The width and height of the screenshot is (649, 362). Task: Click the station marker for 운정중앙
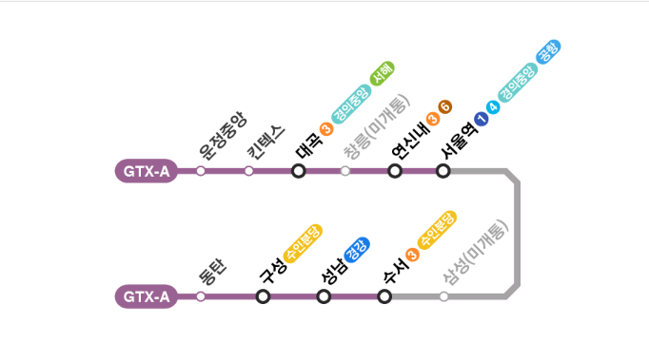(x=201, y=171)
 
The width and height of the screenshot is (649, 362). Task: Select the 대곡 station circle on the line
(x=298, y=171)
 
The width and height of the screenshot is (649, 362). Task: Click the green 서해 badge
(x=382, y=74)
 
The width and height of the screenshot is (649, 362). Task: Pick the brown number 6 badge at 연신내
(x=445, y=106)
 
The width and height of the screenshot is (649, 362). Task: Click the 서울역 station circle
(x=442, y=171)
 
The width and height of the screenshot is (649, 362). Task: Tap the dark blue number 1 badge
(x=481, y=120)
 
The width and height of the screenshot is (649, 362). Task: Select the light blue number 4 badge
(x=493, y=107)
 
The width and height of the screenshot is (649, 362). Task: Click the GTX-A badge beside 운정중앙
(x=146, y=172)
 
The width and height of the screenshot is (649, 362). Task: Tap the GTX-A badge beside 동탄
(x=146, y=296)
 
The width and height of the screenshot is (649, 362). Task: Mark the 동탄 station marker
(x=201, y=296)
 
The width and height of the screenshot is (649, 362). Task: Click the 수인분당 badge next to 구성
(x=304, y=243)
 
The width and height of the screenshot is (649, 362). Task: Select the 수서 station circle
(x=384, y=296)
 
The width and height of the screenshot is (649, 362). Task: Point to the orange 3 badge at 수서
(x=412, y=254)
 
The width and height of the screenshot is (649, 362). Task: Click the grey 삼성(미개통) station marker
(x=443, y=296)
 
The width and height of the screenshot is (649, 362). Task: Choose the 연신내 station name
(x=408, y=139)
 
